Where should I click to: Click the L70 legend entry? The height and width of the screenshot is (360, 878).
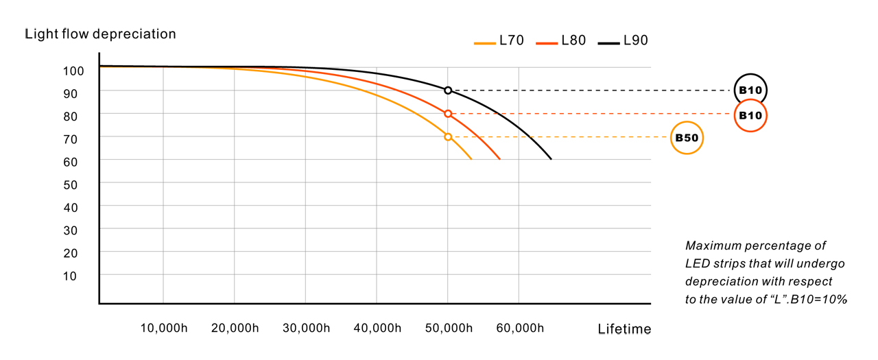pyautogui.click(x=499, y=41)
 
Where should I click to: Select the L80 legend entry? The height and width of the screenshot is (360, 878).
pyautogui.click(x=561, y=41)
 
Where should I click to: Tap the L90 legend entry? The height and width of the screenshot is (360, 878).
pyautogui.click(x=623, y=41)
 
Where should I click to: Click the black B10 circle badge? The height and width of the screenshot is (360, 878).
pyautogui.click(x=750, y=90)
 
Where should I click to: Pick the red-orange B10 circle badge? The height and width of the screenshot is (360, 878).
pyautogui.click(x=750, y=115)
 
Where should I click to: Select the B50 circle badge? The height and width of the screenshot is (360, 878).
pyautogui.click(x=687, y=138)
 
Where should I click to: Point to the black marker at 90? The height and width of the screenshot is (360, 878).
pyautogui.click(x=448, y=91)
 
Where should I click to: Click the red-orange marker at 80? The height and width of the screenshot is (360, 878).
pyautogui.click(x=448, y=114)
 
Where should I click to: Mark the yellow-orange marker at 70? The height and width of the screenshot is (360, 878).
pyautogui.click(x=448, y=137)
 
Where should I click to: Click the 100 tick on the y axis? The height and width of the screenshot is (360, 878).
pyautogui.click(x=73, y=71)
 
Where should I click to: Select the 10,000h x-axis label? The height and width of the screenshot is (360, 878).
pyautogui.click(x=163, y=328)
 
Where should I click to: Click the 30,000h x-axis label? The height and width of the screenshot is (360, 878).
pyautogui.click(x=305, y=328)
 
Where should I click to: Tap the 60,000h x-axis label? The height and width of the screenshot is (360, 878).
pyautogui.click(x=519, y=328)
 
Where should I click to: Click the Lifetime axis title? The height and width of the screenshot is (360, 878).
pyautogui.click(x=624, y=329)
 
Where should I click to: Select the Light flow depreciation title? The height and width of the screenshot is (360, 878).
pyautogui.click(x=100, y=34)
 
